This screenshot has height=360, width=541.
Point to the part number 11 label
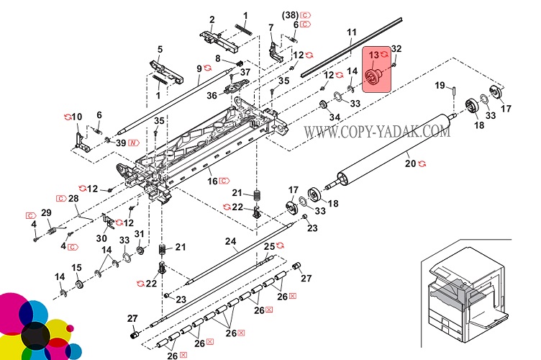coord(351,32)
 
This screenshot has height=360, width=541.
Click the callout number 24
coord(230,241)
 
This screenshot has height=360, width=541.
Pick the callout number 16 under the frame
coord(212,180)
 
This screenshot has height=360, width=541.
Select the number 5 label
coord(160,49)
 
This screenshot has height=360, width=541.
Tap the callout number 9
coord(199,68)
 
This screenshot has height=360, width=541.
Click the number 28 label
coord(73,198)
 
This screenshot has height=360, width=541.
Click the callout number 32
coord(396,49)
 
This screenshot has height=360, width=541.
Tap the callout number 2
coord(212,19)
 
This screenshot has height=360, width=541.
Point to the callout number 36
coord(212,94)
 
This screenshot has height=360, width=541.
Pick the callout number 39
coord(120,143)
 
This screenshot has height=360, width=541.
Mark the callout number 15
coord(76,268)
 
